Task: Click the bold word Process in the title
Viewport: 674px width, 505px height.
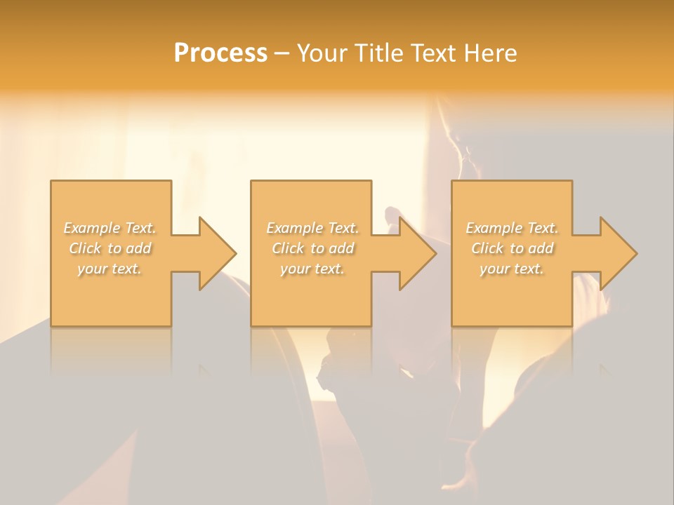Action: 220,53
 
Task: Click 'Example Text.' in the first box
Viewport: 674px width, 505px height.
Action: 110,228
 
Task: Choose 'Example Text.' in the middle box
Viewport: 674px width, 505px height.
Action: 312,228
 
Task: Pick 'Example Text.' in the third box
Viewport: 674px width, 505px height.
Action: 512,228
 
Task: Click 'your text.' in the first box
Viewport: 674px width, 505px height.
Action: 110,269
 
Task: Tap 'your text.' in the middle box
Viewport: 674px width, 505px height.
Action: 312,269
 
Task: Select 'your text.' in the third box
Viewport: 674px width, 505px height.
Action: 512,269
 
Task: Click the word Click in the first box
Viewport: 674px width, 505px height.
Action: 85,248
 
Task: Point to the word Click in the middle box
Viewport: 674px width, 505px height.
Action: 288,248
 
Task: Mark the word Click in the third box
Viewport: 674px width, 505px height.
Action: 487,248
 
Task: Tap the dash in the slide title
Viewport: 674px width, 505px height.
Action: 282,53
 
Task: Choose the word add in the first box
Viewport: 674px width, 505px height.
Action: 138,248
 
